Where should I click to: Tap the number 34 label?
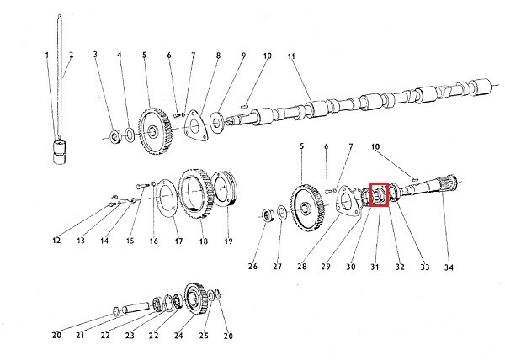pyautogui.click(x=449, y=267)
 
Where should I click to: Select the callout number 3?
pyautogui.click(x=95, y=56)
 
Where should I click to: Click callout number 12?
pyautogui.click(x=56, y=241)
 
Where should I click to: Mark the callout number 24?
pyautogui.click(x=178, y=335)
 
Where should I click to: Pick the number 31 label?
pyautogui.click(x=375, y=267)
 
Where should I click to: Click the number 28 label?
pyautogui.click(x=301, y=267)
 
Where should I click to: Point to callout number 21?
pyautogui.click(x=81, y=335)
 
